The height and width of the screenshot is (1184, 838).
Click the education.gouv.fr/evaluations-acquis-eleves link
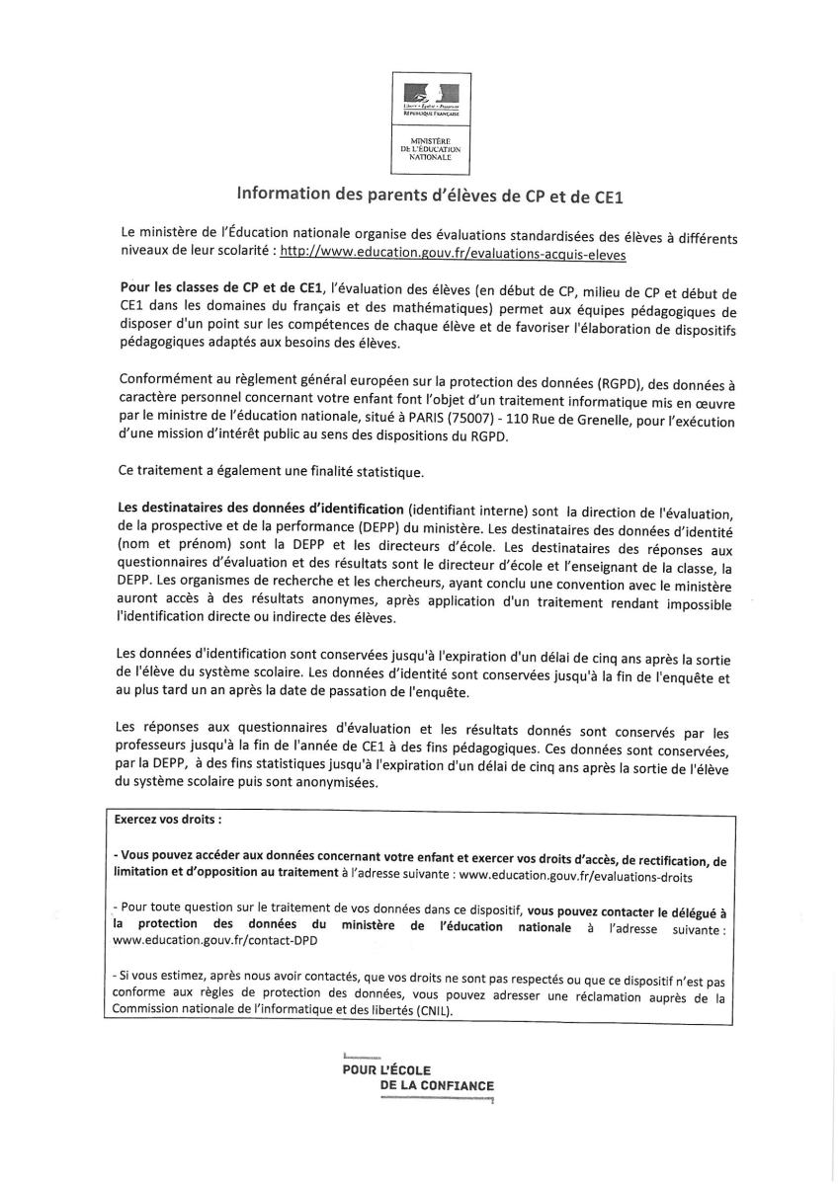[453, 253]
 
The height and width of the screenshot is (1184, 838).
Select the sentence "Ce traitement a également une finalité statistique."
[270, 472]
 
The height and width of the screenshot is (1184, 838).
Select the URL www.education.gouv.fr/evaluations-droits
[576, 875]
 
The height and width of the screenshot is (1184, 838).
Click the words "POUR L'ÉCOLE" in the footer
[379, 1069]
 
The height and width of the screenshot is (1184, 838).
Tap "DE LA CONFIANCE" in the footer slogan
[437, 1086]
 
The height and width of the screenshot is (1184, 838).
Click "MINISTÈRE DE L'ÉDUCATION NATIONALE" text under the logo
[430, 149]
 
